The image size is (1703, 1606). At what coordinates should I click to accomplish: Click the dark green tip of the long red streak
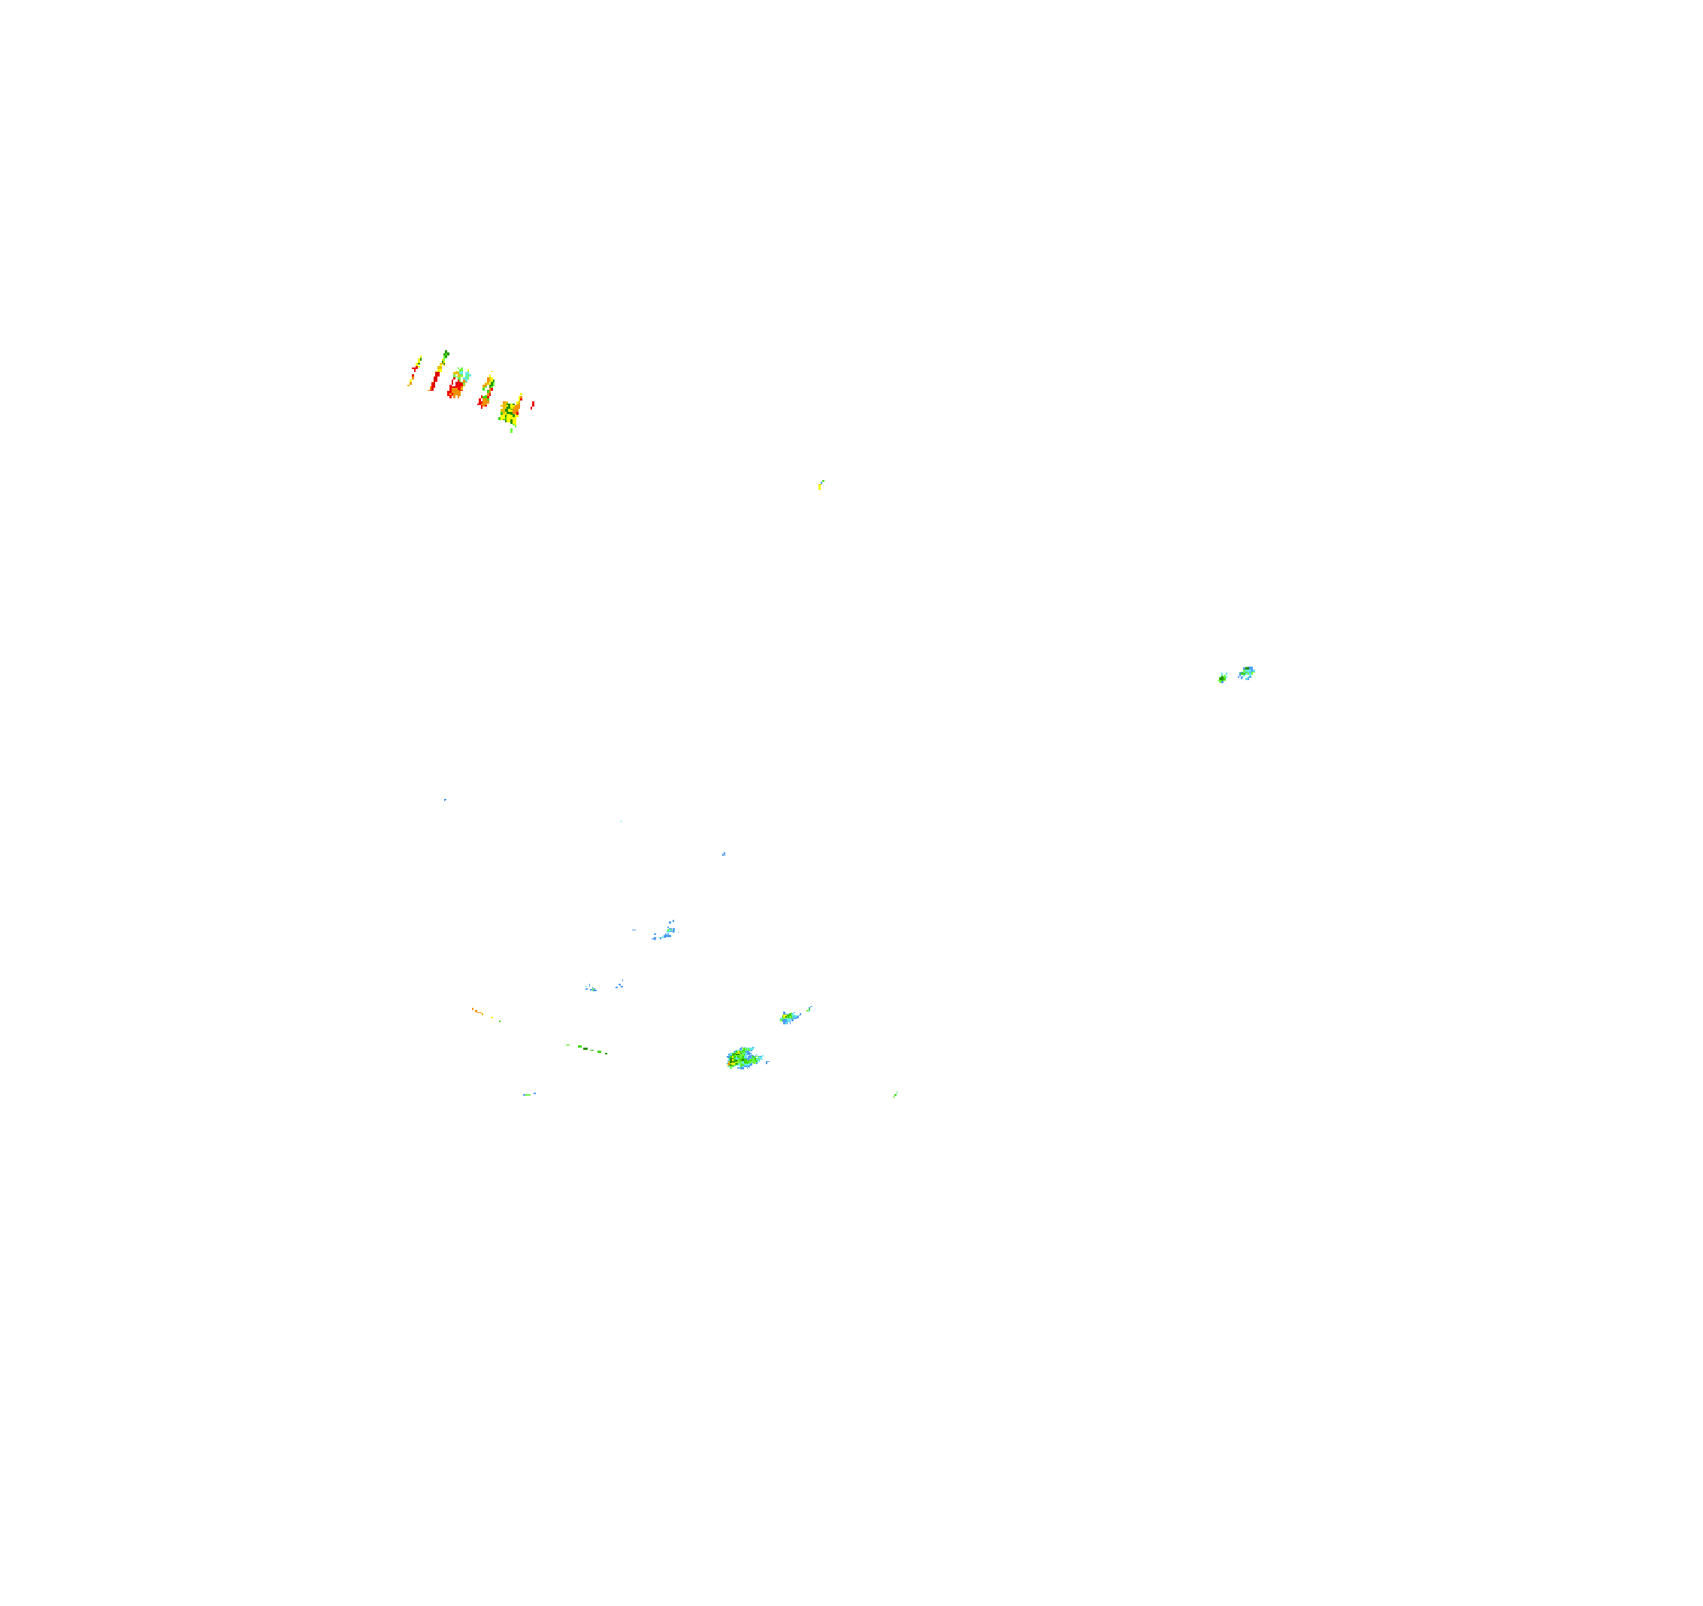[446, 354]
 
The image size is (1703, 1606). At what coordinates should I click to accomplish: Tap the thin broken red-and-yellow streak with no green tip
[414, 373]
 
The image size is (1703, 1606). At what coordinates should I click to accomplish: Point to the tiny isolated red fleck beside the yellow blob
[533, 404]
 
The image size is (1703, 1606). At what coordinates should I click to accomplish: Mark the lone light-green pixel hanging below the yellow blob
[511, 430]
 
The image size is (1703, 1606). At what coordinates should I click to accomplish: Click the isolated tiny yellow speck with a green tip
[821, 485]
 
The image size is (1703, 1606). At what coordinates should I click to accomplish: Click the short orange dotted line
[477, 1012]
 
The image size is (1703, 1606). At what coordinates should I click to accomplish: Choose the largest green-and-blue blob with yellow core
[742, 1059]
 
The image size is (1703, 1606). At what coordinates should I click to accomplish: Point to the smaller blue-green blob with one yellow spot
[788, 1017]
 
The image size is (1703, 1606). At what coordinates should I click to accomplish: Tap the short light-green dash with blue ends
[528, 1093]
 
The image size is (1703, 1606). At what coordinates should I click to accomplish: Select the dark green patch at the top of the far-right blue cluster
[1248, 668]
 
